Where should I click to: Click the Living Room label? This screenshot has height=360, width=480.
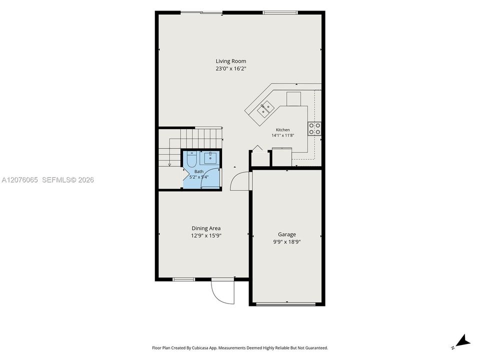[231, 61]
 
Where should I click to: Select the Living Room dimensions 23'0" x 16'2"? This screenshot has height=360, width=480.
[231, 69]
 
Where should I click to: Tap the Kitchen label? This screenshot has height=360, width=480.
[282, 130]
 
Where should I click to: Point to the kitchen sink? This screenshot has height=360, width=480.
[265, 108]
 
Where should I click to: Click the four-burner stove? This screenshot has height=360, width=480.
[314, 128]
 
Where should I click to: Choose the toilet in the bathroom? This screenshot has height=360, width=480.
[192, 159]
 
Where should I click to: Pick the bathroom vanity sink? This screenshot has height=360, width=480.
[210, 158]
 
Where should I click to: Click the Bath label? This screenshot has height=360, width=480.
[199, 171]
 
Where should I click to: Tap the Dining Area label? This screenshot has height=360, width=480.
[206, 228]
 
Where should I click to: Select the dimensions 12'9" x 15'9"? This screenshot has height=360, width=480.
[206, 235]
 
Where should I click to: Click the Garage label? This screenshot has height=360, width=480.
[287, 234]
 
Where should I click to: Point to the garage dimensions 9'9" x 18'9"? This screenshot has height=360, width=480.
[287, 242]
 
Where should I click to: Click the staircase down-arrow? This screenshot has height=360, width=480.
[169, 164]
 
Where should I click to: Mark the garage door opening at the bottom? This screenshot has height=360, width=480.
[286, 304]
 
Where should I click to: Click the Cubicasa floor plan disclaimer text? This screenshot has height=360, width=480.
[240, 348]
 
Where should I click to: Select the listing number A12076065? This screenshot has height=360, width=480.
[19, 180]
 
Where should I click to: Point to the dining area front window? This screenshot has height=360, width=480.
[183, 279]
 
